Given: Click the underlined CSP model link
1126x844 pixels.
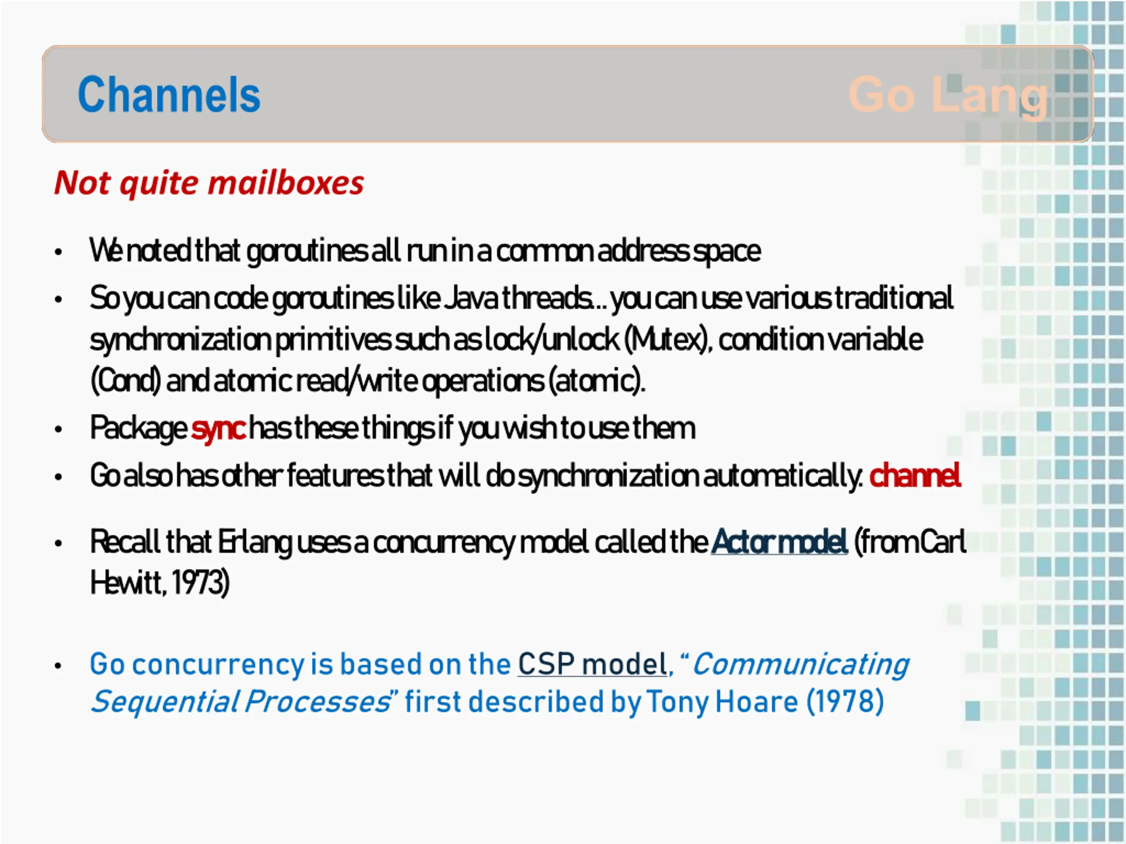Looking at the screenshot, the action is click(592, 664).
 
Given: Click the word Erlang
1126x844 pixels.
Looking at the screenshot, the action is click(255, 542).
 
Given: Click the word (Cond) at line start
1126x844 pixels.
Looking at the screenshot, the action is click(126, 381).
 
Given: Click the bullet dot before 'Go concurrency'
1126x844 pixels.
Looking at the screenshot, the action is click(58, 666).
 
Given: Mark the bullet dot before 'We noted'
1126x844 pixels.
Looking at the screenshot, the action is click(58, 252).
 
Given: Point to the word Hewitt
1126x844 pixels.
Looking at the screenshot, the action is click(128, 582).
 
